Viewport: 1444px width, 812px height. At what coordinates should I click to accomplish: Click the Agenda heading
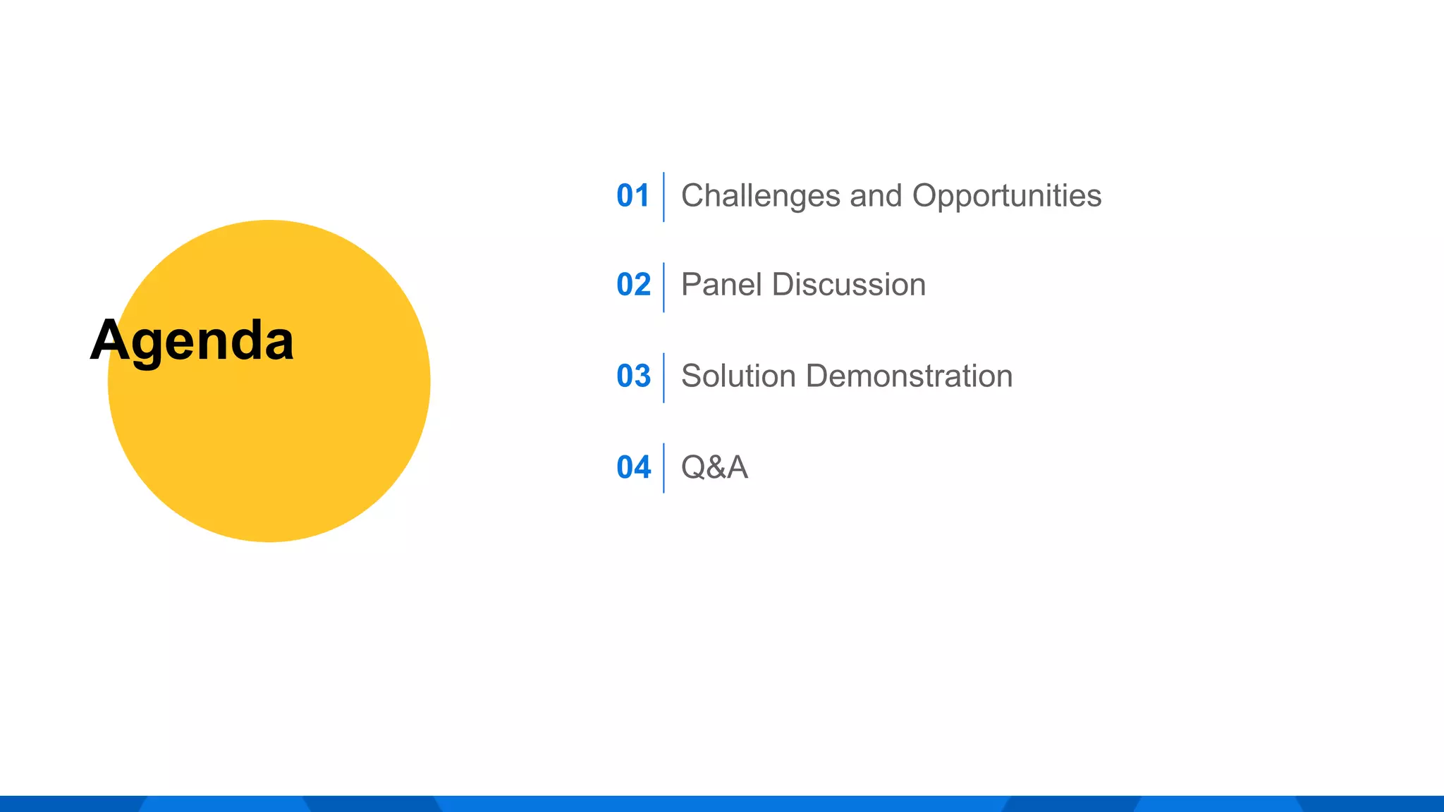(192, 341)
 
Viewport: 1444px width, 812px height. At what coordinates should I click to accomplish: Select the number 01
(632, 196)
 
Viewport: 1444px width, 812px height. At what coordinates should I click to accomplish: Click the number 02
(633, 285)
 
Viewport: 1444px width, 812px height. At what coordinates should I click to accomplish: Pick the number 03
(633, 376)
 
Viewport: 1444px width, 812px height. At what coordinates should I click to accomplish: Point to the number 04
(633, 467)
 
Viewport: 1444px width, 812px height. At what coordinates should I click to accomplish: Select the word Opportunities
(1006, 196)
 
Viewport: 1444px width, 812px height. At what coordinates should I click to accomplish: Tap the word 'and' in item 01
(876, 196)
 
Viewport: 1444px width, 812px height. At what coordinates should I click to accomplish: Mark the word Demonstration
(909, 376)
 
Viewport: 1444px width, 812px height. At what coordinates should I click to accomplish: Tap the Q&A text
(714, 467)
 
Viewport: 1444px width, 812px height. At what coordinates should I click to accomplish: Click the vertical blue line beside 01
(663, 197)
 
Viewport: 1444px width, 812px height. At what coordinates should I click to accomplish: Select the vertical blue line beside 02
(663, 287)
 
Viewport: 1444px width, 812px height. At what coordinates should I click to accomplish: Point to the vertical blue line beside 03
(663, 378)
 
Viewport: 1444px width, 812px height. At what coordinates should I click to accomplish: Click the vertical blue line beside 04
(663, 468)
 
